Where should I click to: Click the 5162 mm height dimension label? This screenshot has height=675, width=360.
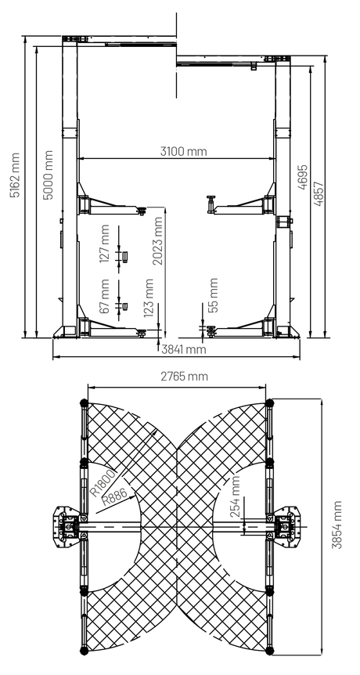coord(16,175)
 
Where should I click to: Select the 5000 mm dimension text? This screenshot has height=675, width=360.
coord(49,175)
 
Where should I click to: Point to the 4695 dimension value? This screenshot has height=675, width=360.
coord(303,177)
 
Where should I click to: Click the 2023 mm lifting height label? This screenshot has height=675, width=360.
coord(158,241)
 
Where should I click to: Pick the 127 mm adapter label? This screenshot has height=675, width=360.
coord(104,244)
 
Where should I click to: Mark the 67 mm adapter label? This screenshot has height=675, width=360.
coord(104,297)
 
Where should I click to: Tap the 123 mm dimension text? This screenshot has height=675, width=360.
coord(149,298)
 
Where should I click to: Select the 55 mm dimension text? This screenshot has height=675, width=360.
coord(213,294)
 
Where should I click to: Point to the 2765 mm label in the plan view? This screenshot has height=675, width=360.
coord(184,376)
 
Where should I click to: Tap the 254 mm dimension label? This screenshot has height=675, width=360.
coord(236,496)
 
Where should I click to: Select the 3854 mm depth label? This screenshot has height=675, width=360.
coord(337,525)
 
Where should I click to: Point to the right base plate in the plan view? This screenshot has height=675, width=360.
coord(288,526)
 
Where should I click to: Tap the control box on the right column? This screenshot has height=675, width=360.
coord(283,222)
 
